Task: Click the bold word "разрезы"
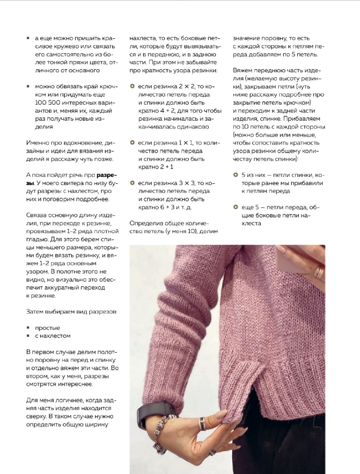click(107, 175)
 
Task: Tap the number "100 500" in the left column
click(47, 103)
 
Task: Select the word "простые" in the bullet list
click(47, 328)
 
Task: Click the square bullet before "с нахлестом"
click(28, 336)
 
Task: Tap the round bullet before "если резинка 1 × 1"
click(132, 143)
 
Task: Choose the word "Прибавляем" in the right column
click(302, 119)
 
